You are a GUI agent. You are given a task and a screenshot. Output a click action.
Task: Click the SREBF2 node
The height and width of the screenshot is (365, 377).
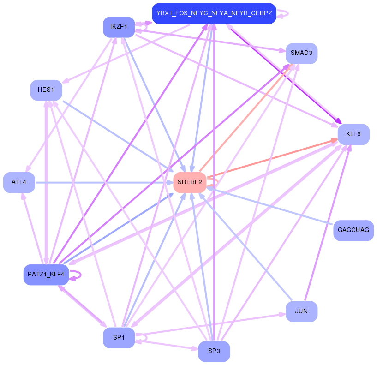pos(189,182)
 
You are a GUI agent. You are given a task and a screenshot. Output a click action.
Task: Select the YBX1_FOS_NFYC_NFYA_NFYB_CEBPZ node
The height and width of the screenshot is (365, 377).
pos(214,13)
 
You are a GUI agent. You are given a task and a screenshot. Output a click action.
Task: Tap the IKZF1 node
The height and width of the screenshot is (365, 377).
pos(119,27)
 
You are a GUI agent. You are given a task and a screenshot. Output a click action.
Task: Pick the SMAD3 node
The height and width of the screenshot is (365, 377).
pos(301,53)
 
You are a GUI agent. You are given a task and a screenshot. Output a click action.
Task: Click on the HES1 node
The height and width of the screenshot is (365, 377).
pos(46,90)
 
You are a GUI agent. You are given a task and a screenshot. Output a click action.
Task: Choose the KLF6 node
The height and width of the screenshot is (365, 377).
pos(353,134)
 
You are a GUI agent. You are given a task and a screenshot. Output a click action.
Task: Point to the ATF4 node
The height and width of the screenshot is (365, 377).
pos(19,182)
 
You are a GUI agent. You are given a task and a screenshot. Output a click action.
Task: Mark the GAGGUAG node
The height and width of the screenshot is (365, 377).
pos(353,230)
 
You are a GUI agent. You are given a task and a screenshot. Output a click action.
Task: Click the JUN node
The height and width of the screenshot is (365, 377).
pos(301,311)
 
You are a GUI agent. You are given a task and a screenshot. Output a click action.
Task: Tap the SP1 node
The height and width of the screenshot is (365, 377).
pos(119,338)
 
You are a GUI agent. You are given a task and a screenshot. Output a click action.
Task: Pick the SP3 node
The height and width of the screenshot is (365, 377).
pos(214,351)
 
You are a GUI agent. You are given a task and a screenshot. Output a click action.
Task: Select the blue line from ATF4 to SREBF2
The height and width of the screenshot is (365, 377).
pos(102,183)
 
